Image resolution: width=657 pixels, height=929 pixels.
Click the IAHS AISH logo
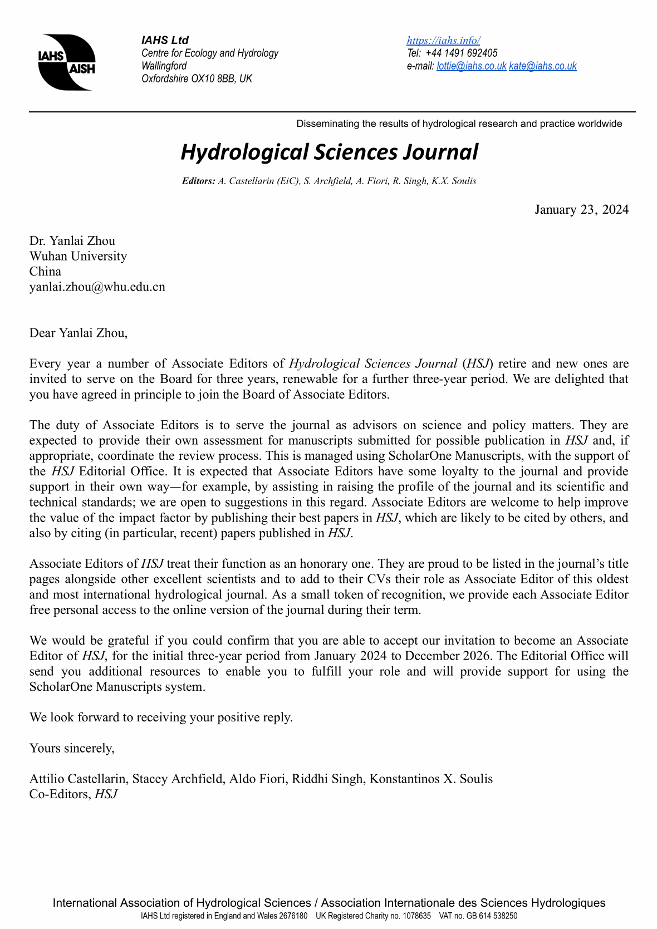(x=66, y=62)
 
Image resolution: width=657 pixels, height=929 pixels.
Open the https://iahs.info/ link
(x=443, y=40)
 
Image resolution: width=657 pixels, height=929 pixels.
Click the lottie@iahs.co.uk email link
(x=471, y=66)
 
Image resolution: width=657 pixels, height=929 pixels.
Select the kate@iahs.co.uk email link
(x=542, y=66)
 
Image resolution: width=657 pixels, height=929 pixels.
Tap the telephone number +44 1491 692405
(x=461, y=53)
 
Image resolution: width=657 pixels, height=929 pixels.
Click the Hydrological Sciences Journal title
(x=329, y=152)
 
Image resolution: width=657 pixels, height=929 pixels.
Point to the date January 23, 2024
(x=581, y=209)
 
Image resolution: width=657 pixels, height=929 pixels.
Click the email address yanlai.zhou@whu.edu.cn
(x=97, y=287)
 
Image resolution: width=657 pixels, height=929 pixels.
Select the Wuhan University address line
(x=78, y=256)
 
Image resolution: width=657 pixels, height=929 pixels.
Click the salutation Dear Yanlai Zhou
(x=79, y=333)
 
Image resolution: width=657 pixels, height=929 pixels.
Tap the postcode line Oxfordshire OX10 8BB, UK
(x=197, y=78)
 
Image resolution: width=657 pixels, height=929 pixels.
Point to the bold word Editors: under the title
(x=198, y=181)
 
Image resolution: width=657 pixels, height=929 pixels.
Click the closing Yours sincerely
(x=72, y=748)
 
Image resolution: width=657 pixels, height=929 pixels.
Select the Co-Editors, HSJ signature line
(x=73, y=794)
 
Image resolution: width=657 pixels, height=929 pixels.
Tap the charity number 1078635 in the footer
(x=415, y=916)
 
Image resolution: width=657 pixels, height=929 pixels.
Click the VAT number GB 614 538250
(x=491, y=916)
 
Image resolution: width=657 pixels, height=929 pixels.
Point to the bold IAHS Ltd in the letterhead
(x=165, y=40)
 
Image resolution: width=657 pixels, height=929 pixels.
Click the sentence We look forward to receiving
(x=161, y=717)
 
